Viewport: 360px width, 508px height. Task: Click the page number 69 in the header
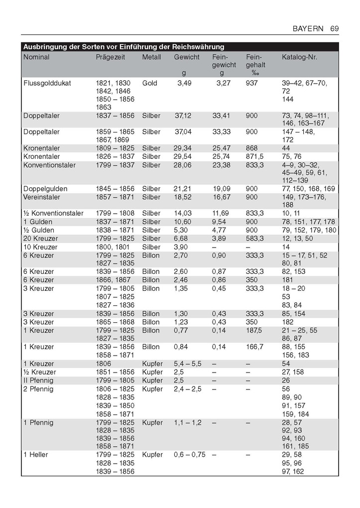(x=334, y=29)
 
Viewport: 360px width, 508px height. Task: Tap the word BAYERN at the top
(x=308, y=29)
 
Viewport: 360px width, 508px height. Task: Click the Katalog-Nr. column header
(x=299, y=57)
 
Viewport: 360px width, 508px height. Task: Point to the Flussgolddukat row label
(x=47, y=83)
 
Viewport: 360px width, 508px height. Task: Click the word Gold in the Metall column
(x=149, y=83)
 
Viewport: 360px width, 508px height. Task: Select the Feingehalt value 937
(x=252, y=83)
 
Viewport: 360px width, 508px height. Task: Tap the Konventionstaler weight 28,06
(x=182, y=165)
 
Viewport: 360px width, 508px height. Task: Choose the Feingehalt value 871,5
(x=255, y=156)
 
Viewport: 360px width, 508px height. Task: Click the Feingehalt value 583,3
(x=255, y=239)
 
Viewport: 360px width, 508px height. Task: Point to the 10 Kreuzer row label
(x=40, y=247)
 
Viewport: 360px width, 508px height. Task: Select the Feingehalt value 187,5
(x=255, y=330)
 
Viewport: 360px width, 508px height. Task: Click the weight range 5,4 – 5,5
(x=187, y=364)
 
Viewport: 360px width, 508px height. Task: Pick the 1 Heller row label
(x=36, y=455)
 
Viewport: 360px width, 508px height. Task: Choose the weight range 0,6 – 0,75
(x=189, y=455)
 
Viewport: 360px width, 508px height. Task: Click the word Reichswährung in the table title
(x=198, y=47)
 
